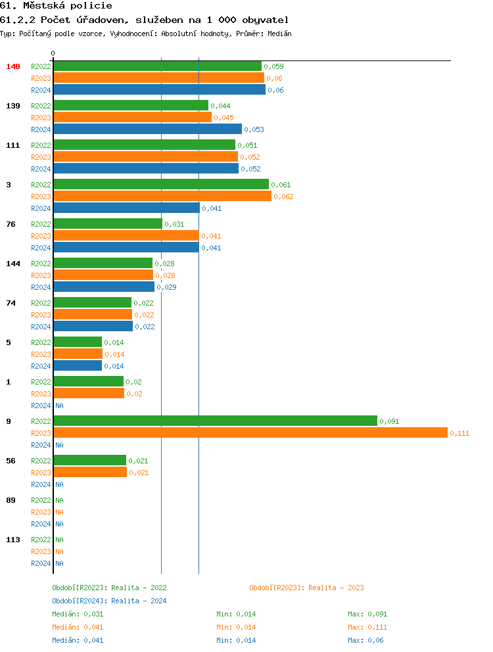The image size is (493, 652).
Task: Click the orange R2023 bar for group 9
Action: [x=250, y=432]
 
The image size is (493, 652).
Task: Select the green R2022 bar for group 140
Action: [x=157, y=66]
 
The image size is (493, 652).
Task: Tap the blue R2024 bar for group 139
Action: [x=147, y=129]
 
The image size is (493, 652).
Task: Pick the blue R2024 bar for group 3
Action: [x=126, y=208]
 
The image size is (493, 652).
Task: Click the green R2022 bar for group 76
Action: [x=108, y=223]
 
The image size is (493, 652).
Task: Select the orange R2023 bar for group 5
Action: [x=78, y=354]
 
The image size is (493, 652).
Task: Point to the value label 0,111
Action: [x=459, y=433]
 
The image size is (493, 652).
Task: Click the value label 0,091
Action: [x=389, y=421]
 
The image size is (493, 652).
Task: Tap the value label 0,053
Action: [x=254, y=129]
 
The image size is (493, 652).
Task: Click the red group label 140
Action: [x=13, y=66]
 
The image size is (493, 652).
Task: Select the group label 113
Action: [x=13, y=540]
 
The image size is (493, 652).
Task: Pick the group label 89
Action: [x=11, y=500]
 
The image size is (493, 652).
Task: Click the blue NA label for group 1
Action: [x=59, y=406]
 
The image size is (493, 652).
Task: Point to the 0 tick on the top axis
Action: [x=53, y=53]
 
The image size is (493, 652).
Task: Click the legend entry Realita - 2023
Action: [x=306, y=588]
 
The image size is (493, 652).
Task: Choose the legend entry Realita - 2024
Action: [x=109, y=601]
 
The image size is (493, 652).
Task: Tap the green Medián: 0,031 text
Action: [x=78, y=614]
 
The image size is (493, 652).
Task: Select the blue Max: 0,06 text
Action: [x=365, y=640]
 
